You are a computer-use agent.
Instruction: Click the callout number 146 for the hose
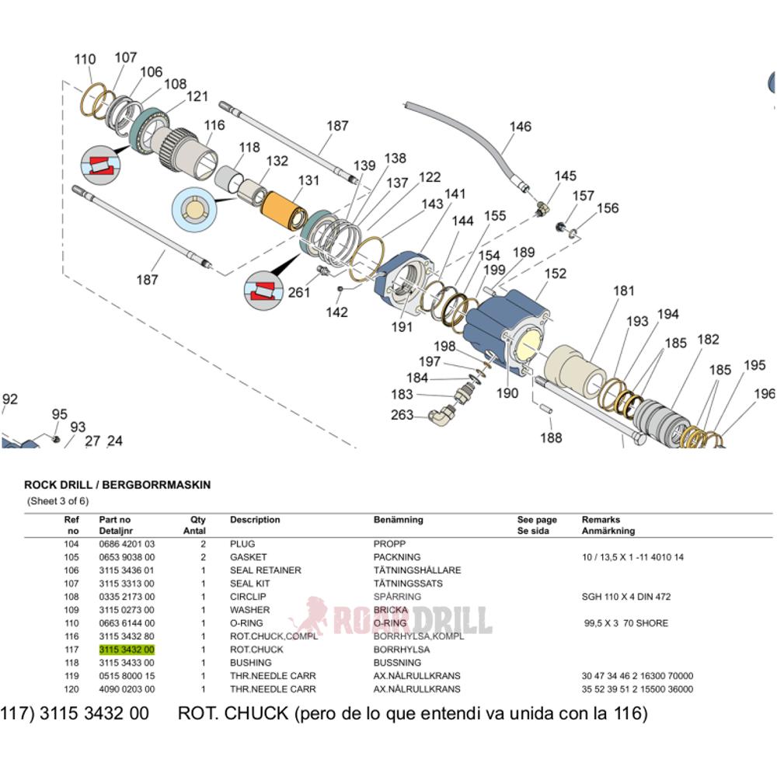pos(521,127)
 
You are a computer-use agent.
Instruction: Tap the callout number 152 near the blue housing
pos(555,274)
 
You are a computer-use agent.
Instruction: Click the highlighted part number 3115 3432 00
pos(127,650)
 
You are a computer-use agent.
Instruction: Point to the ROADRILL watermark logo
pos(392,619)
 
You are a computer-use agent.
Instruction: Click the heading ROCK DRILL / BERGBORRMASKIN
pos(117,485)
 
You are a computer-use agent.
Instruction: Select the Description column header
pos(255,520)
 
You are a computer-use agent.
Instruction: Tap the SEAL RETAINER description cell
pos(265,570)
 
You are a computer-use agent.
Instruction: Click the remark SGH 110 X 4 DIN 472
pos(625,597)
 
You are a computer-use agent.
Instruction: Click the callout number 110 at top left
pos(85,60)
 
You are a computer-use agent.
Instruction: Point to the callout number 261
pos(299,293)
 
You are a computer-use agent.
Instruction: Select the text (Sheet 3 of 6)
pos(58,501)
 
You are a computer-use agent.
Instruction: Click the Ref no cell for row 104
pos(71,544)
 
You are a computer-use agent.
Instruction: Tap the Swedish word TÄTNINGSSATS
pos(406,584)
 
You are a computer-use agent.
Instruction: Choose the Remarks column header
pos(601,520)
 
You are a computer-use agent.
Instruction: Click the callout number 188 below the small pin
pos(551,438)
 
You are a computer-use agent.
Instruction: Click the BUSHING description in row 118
pos(250,663)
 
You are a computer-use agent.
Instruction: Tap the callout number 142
pos(336,312)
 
